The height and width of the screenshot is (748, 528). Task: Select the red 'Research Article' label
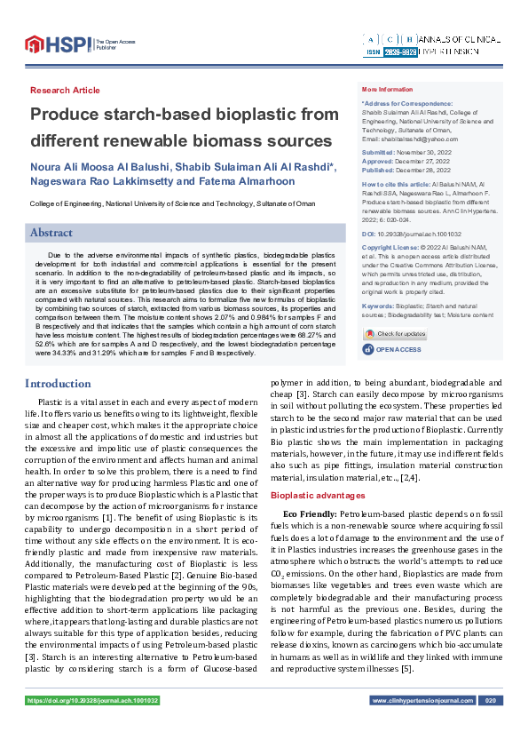coord(65,91)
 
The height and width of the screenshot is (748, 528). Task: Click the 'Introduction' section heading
coord(58,384)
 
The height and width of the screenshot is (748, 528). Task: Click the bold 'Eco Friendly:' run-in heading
coord(310,514)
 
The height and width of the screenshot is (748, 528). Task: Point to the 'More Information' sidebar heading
coord(387,90)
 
